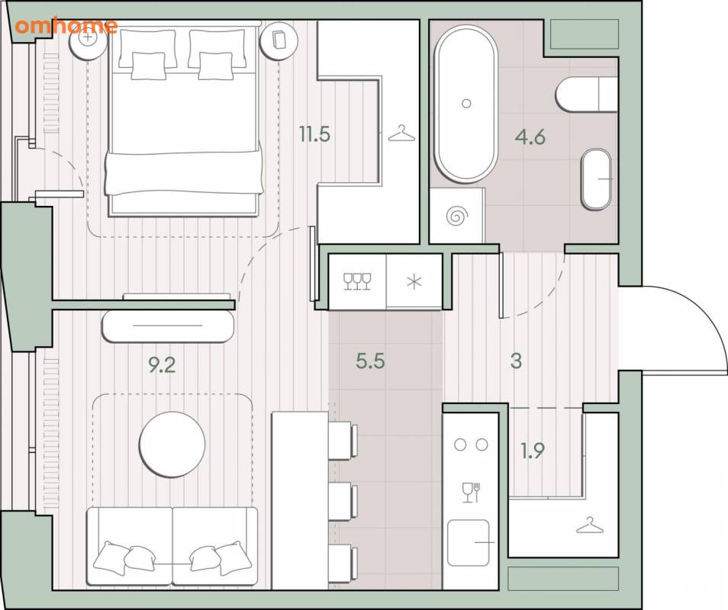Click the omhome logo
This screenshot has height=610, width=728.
coord(66,25)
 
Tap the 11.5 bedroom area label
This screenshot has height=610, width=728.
coord(314,134)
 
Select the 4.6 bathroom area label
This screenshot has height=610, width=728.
coord(530,136)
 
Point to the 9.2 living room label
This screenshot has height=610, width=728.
coord(162,365)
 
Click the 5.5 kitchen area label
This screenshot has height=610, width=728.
coord(370,361)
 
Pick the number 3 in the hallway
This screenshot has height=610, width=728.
coord(517,361)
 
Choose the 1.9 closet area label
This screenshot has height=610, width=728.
coord(533,451)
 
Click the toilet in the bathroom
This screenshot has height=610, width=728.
coord(586,94)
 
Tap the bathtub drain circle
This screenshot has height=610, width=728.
coord(466,103)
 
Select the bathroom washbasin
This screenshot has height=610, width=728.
coord(596,179)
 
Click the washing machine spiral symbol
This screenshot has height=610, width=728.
coord(456,216)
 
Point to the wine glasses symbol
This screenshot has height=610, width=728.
coord(357,281)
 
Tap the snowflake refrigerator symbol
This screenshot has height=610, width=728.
coord(414,281)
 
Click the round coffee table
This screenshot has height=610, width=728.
coord(172,445)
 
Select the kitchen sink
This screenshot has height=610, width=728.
coord(469,542)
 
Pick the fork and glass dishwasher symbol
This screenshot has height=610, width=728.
coord(471,493)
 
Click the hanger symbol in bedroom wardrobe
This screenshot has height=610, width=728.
coord(401,133)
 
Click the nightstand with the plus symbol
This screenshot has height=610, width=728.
coord(87,38)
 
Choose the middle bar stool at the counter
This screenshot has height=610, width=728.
coord(343,502)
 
